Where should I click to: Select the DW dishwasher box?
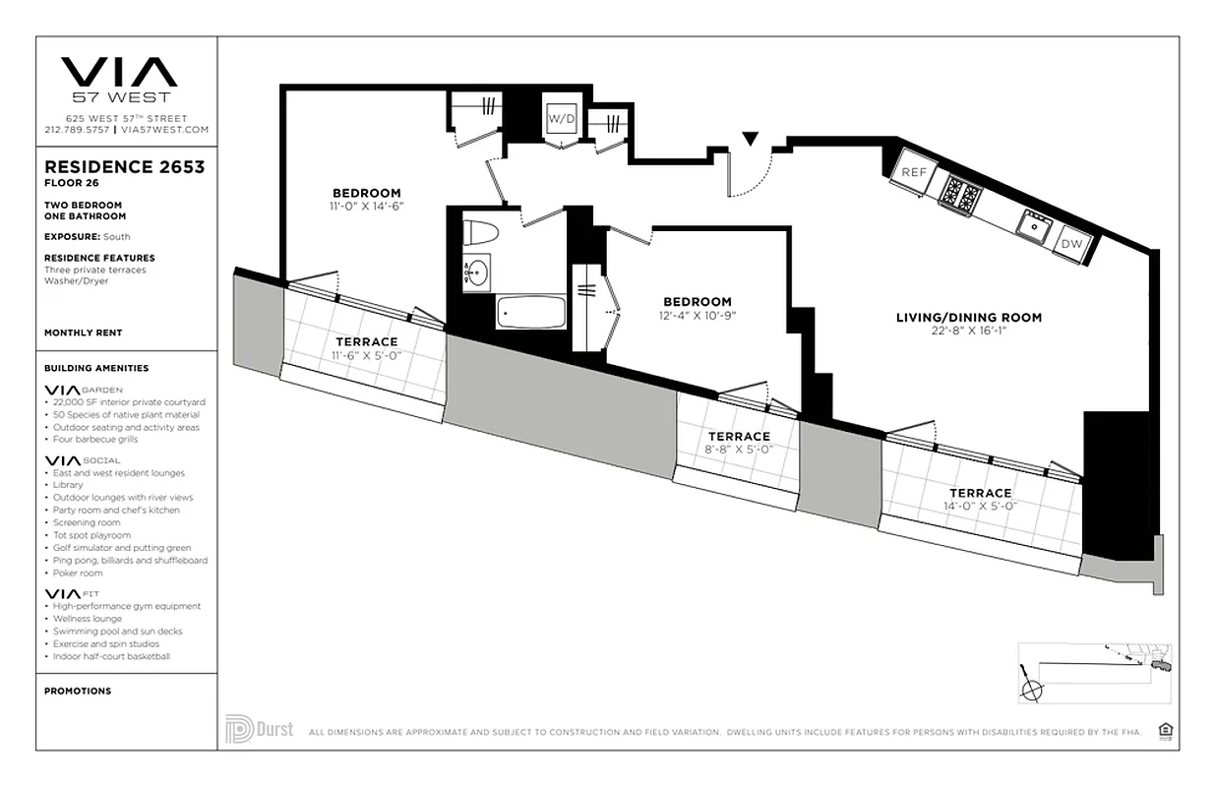[x=1071, y=243]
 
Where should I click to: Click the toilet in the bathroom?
[x=482, y=233]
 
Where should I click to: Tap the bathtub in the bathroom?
[x=531, y=313]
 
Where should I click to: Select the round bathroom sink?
[x=476, y=272]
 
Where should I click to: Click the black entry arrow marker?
[x=751, y=140]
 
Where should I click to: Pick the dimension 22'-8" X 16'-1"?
[x=968, y=331]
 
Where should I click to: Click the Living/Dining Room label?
[x=968, y=317]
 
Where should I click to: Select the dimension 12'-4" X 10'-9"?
[x=697, y=316]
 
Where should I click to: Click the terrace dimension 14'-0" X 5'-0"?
[x=980, y=506]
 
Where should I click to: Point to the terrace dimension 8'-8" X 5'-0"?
[x=739, y=450]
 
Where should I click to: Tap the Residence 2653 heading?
[x=125, y=166]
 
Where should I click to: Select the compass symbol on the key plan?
[x=1032, y=690]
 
